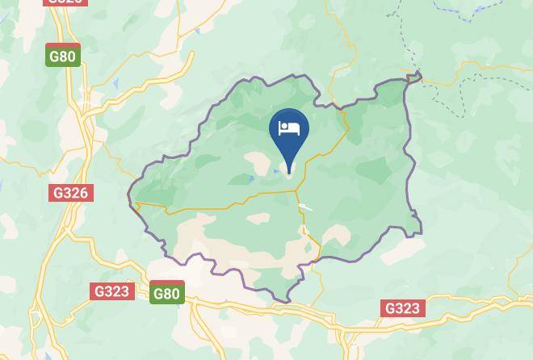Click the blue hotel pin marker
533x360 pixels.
point(288,134)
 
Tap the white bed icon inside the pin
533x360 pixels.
point(288,128)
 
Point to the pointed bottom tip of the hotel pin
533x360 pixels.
point(288,171)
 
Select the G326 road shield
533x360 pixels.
point(71,193)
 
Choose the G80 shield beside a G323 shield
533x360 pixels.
point(166,292)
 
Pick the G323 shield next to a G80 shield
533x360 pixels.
point(111,291)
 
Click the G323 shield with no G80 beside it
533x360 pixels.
point(402,308)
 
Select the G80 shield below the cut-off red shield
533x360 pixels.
point(63,56)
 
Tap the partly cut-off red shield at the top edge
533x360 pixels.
point(65,2)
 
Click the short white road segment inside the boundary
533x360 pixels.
point(305,208)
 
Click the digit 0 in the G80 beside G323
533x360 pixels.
point(174,294)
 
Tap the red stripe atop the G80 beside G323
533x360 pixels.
point(166,283)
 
